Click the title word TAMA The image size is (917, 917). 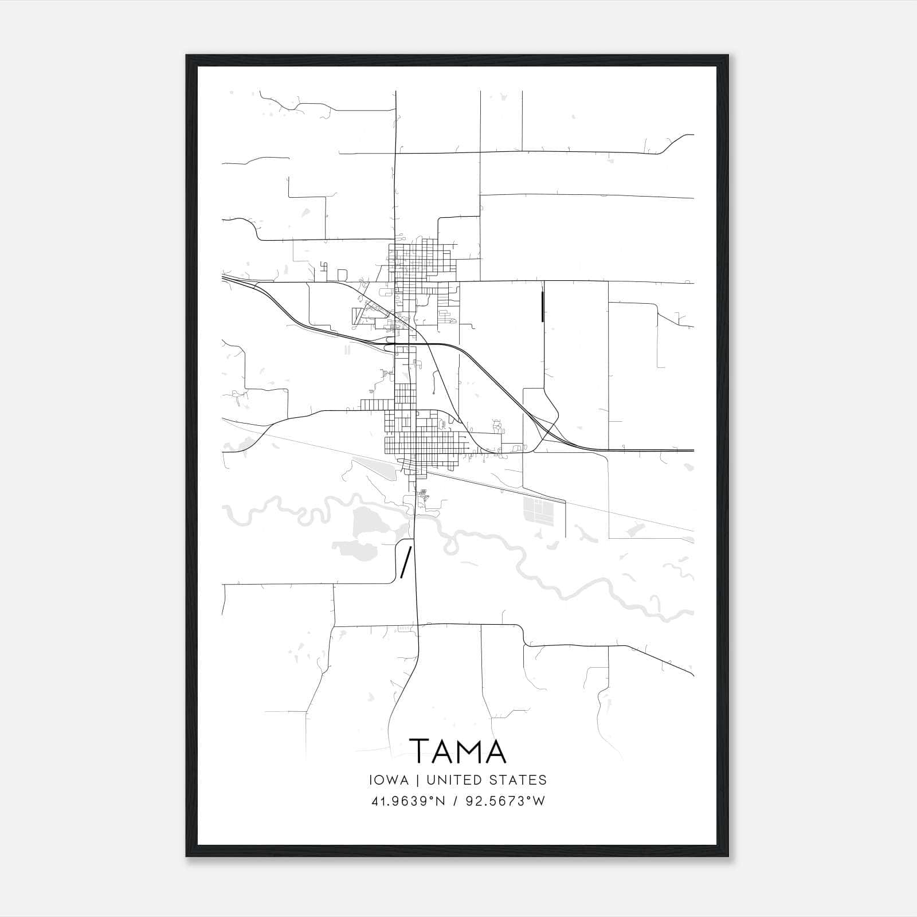pyautogui.click(x=458, y=751)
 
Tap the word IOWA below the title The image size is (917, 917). pyautogui.click(x=390, y=780)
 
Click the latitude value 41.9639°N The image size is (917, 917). pyautogui.click(x=407, y=801)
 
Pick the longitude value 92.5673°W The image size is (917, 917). pyautogui.click(x=504, y=801)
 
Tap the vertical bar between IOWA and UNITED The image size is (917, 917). pyautogui.click(x=418, y=780)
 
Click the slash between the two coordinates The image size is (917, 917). pyautogui.click(x=455, y=801)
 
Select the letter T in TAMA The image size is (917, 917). pyautogui.click(x=420, y=751)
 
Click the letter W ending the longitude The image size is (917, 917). pyautogui.click(x=538, y=801)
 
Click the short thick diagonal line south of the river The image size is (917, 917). pyautogui.click(x=405, y=562)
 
